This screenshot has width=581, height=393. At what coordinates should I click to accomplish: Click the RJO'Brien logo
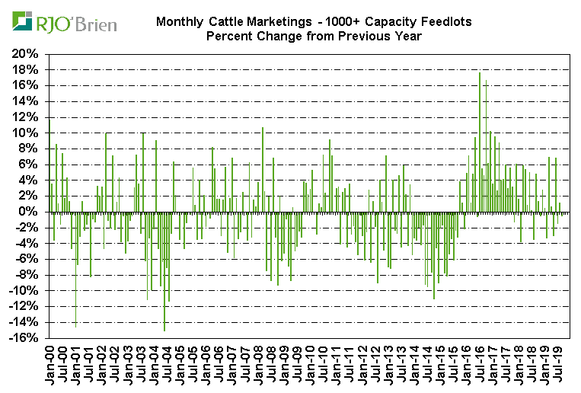pos(65,22)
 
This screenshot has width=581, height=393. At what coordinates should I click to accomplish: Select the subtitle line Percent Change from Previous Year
pos(313,36)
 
